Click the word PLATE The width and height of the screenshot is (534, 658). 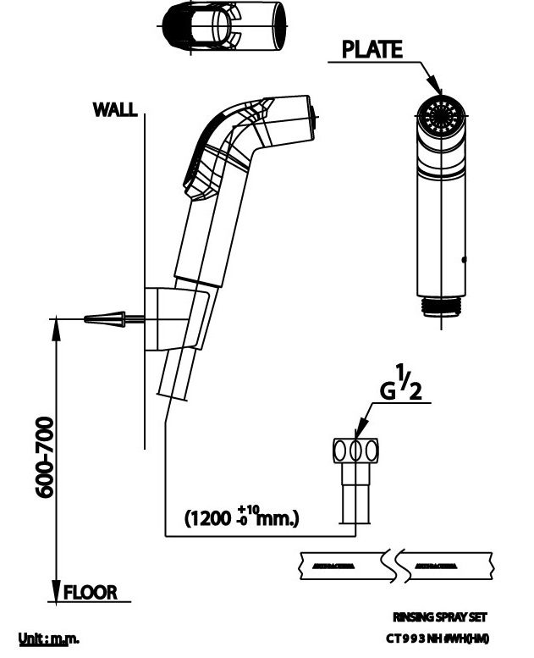(372, 50)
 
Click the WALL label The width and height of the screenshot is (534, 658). (115, 110)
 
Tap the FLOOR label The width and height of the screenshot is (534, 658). (90, 591)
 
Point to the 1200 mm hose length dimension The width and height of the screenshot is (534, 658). (241, 517)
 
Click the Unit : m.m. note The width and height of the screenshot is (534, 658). (49, 637)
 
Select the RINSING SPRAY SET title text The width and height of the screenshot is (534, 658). (440, 617)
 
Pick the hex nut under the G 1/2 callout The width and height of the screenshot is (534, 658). (356, 448)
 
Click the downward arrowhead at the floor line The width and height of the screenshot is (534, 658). (56, 590)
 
